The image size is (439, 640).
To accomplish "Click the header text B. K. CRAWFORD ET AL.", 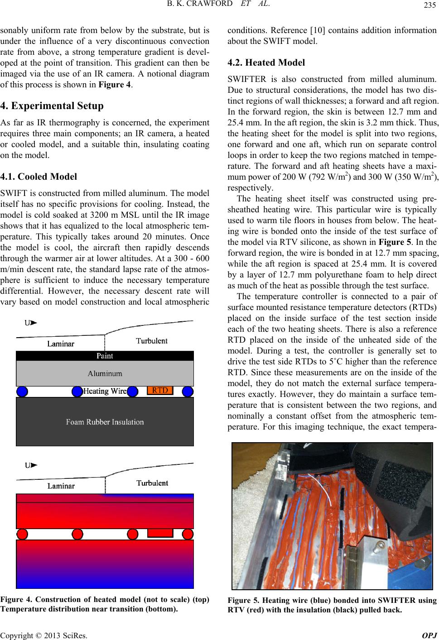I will coord(219,5).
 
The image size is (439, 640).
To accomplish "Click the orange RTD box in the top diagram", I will coord(160,390).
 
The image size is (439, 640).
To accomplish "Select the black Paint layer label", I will coord(105,356).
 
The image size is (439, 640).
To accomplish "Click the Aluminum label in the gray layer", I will coord(105,373).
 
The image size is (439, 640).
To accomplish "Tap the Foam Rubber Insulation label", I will coord(105,422).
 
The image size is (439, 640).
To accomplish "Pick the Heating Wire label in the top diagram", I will coord(106,391).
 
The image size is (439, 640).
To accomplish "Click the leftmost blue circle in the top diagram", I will coord(22,391).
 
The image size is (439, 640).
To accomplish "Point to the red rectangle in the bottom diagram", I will coord(160,533).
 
